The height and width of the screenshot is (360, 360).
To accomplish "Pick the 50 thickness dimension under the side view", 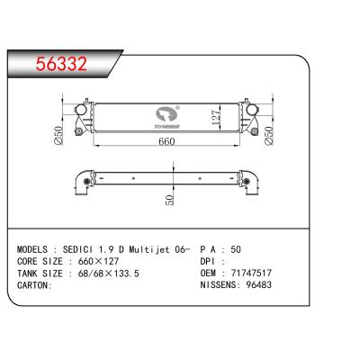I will [169, 201].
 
